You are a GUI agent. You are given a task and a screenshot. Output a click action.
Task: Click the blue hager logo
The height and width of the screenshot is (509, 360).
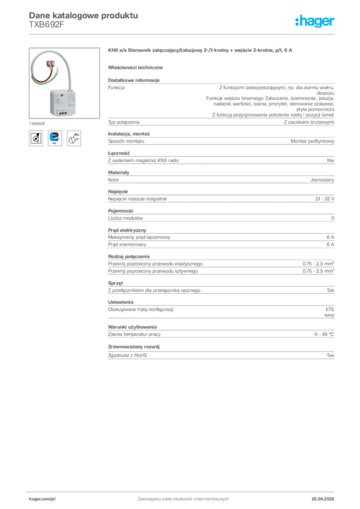click(316, 21)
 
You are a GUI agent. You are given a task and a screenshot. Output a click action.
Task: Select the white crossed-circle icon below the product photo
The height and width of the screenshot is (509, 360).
click(35, 138)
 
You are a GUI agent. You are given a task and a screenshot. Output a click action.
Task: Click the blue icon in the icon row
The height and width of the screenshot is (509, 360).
click(54, 138)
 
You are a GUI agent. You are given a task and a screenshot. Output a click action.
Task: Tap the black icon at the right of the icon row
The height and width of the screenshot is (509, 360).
click(74, 138)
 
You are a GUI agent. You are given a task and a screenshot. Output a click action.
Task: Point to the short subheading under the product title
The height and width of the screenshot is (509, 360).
click(137, 67)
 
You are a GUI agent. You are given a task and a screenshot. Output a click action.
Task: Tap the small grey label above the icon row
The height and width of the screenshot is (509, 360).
click(37, 123)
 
